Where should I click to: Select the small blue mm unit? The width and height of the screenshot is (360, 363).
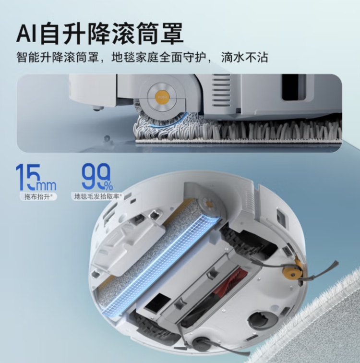coord(47,185)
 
